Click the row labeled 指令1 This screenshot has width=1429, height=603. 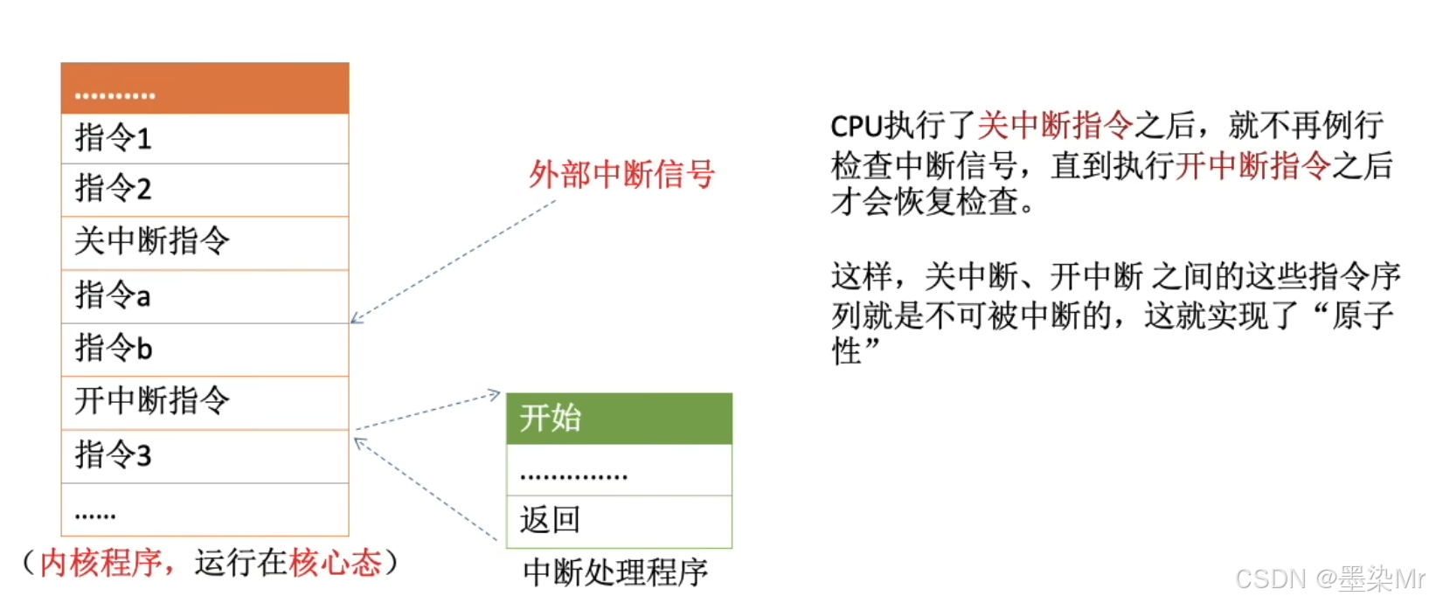point(205,138)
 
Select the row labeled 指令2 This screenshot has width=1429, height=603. point(205,189)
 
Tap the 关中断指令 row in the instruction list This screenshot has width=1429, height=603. point(205,242)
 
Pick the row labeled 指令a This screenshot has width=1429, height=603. point(205,296)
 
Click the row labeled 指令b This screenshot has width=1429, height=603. point(205,350)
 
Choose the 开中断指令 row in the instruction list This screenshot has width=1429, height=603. point(205,402)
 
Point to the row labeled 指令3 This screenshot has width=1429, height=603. point(205,455)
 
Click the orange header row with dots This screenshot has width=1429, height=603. point(205,88)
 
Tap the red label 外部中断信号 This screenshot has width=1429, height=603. point(621,175)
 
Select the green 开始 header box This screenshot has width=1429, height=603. point(619,419)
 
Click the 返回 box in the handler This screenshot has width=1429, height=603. point(619,521)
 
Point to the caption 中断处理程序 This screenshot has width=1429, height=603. point(615,572)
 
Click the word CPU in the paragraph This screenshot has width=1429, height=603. point(856,127)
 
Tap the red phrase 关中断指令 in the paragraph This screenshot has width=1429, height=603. point(1054,127)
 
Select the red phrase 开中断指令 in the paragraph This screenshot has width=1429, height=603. point(1252,166)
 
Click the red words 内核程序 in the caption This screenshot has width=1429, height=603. point(101,563)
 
